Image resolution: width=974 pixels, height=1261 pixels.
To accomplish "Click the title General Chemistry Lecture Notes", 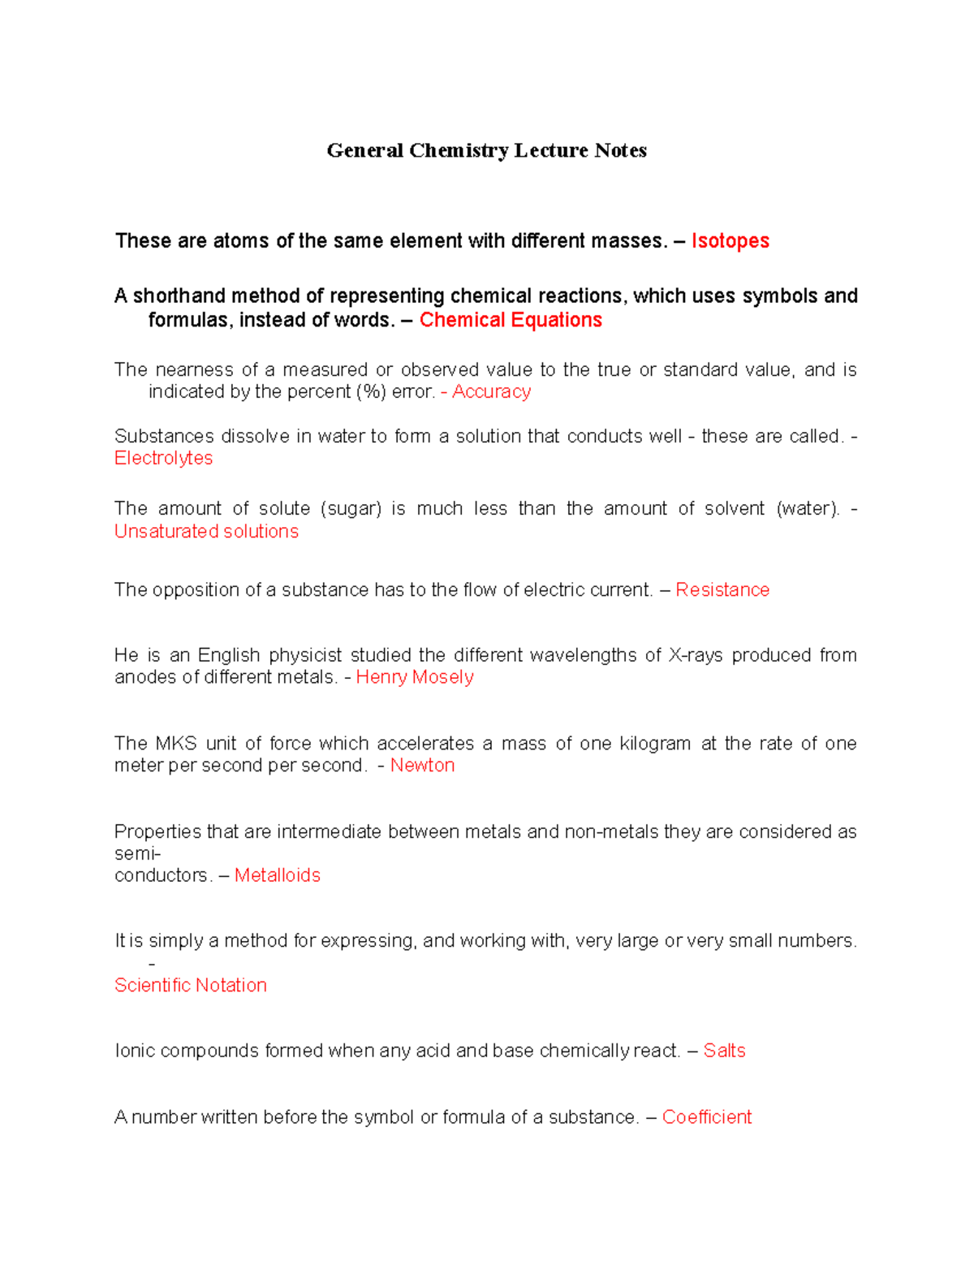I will click(x=486, y=150).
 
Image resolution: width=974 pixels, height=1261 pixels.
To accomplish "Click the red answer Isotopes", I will click(x=730, y=241).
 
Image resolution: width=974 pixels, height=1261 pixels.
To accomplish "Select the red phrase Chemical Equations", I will click(x=511, y=320).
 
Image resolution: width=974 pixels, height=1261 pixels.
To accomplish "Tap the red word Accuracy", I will click(x=491, y=391).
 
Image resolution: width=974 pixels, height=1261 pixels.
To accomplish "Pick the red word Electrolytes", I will click(x=163, y=458).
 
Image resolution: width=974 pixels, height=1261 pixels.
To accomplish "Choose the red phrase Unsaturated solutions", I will click(x=206, y=531).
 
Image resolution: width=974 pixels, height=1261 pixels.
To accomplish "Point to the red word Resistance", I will click(x=722, y=589).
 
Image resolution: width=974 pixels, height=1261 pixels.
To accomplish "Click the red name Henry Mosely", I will click(x=415, y=677).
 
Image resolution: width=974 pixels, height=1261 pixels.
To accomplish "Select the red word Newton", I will click(x=422, y=765).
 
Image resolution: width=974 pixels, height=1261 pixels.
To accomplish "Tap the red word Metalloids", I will click(x=277, y=875).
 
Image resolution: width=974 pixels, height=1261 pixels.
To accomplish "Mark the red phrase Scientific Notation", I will click(x=191, y=985).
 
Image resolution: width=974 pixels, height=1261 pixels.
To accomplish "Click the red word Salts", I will click(x=724, y=1051).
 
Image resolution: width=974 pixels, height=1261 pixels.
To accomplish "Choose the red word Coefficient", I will click(x=707, y=1117).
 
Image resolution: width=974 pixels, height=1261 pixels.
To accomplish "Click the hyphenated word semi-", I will click(x=137, y=853).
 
